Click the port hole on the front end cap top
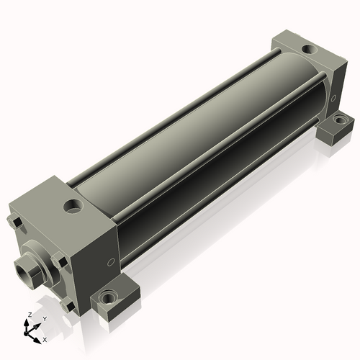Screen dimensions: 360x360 [73, 206]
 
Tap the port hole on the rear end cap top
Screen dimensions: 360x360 [310, 50]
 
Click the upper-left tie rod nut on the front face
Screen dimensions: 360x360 [15, 222]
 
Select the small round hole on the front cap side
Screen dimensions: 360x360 [111, 262]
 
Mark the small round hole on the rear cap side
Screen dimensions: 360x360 [333, 98]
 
